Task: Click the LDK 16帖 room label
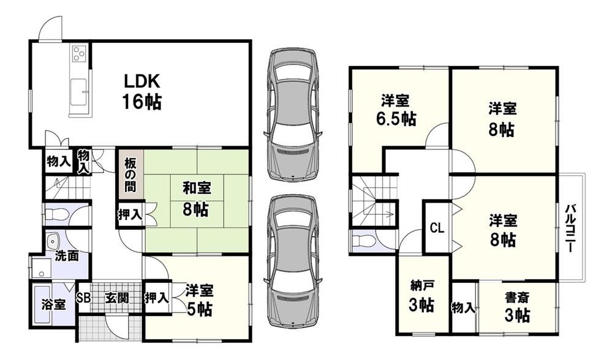[142, 92]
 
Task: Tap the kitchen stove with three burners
[79, 53]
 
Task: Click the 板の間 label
[130, 175]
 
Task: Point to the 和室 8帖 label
[196, 200]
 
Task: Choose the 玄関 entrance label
[116, 298]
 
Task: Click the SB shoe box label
[83, 298]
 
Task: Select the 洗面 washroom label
[66, 256]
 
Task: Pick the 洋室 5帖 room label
[199, 300]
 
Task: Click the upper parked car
[293, 115]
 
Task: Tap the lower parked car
[293, 261]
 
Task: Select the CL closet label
[437, 228]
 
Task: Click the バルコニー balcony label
[571, 227]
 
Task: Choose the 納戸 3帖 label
[421, 296]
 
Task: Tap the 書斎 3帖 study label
[517, 306]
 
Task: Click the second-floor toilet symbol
[361, 241]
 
